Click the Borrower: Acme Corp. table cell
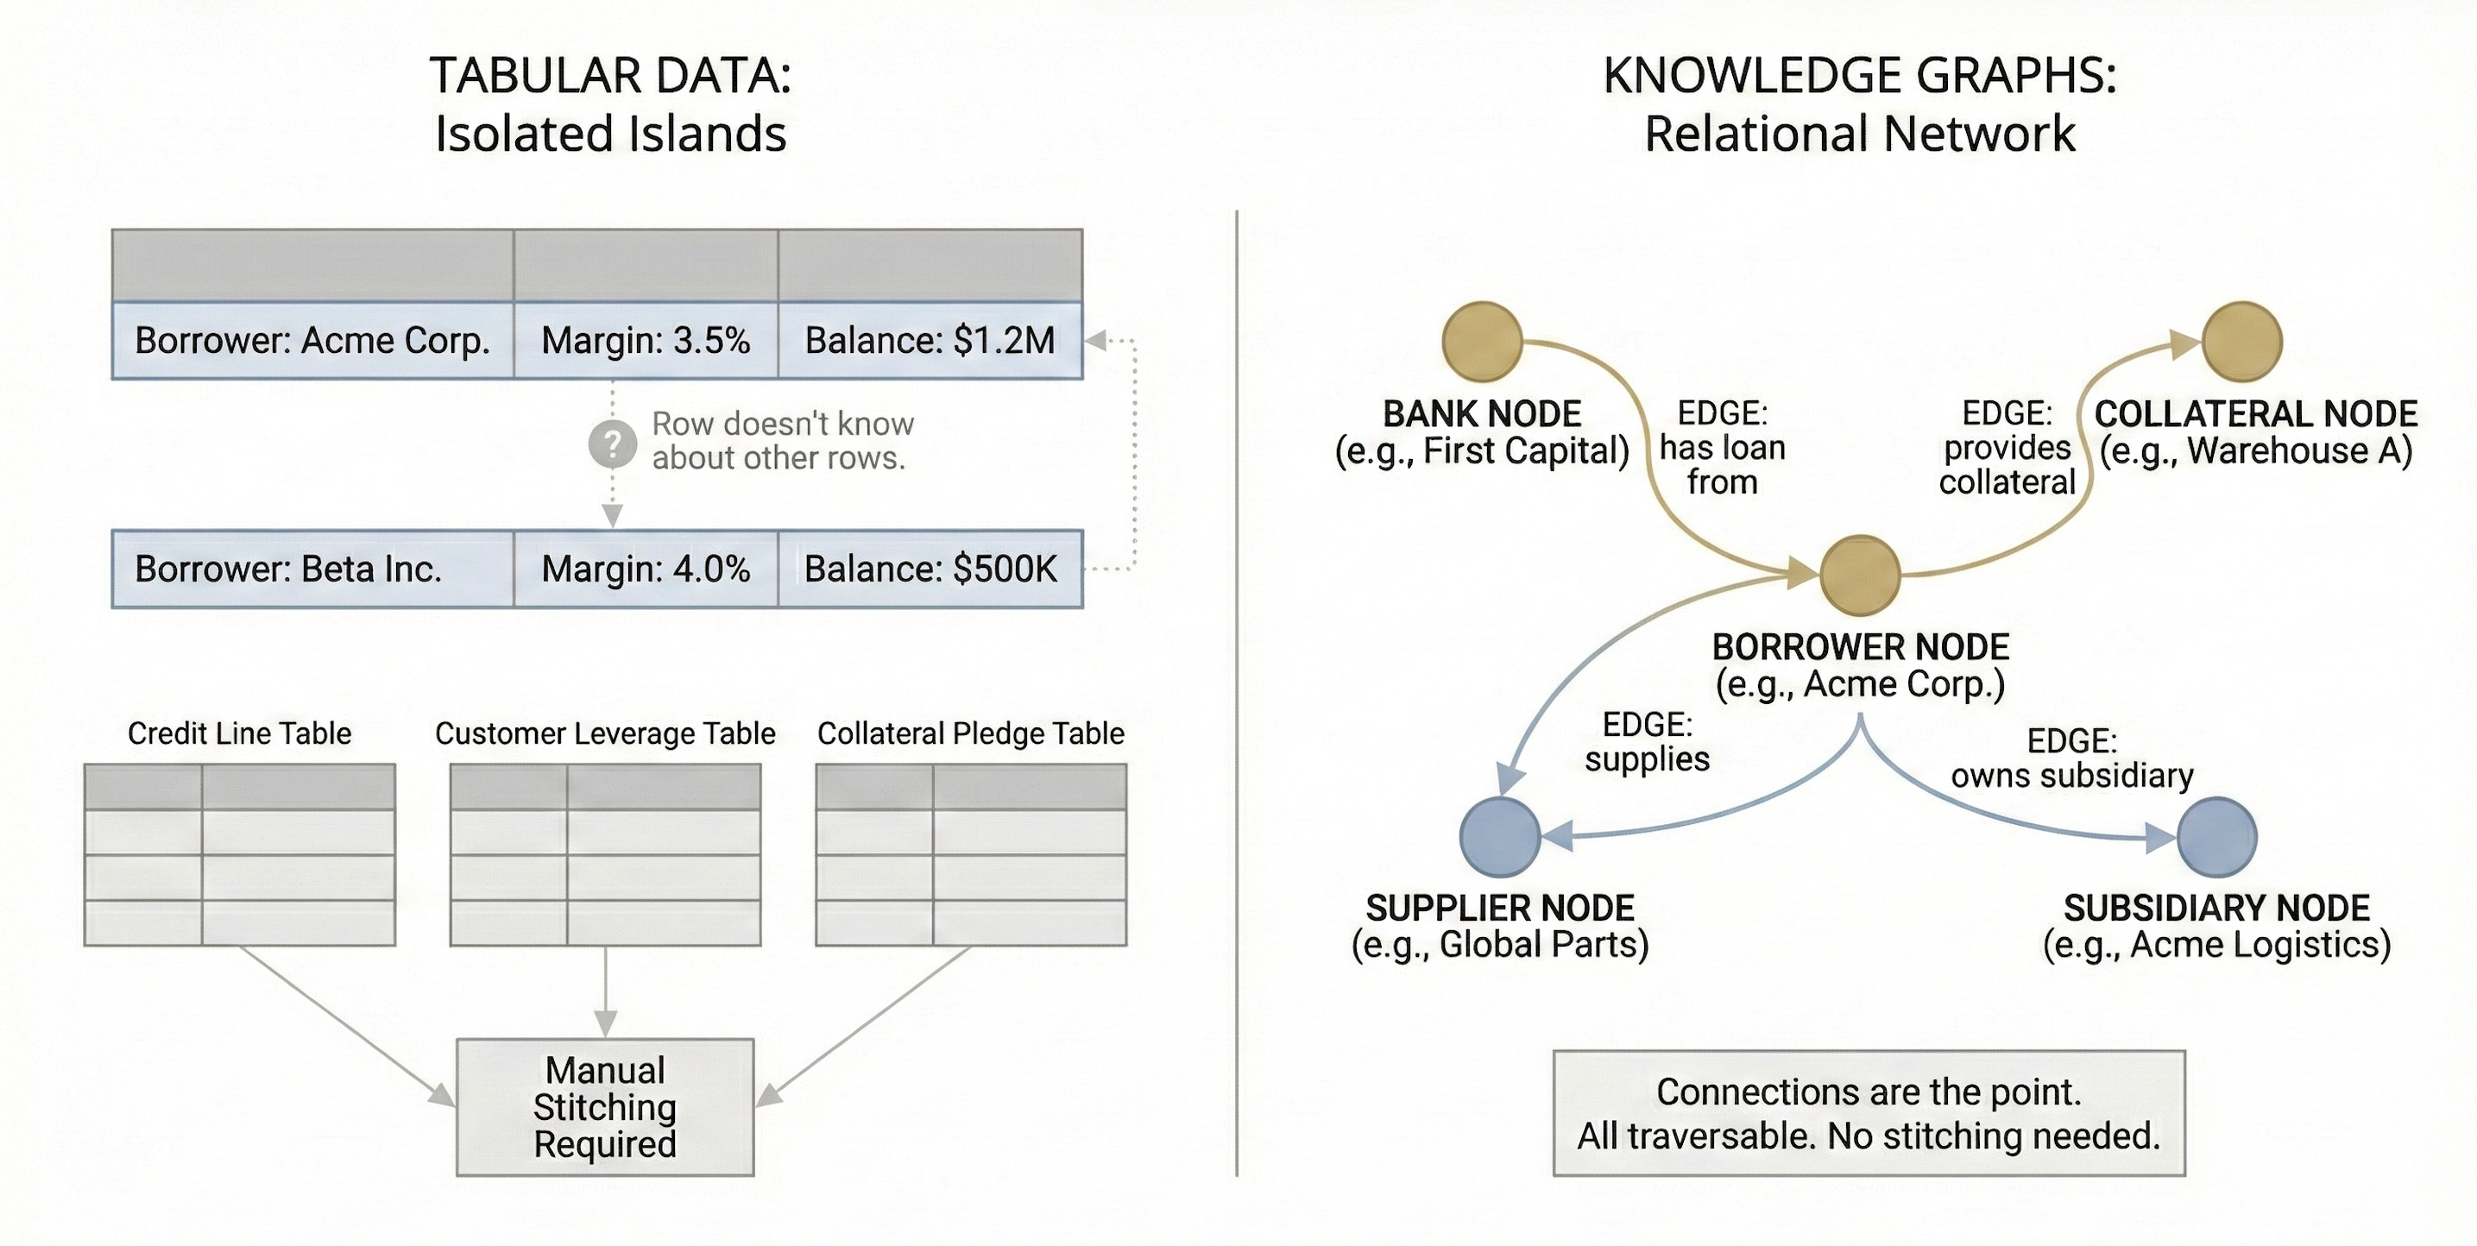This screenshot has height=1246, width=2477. coord(312,340)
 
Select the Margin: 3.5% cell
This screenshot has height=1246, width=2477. coord(646,340)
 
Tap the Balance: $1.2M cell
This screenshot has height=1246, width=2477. coord(929,340)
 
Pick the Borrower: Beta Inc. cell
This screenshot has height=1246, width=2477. coord(312,570)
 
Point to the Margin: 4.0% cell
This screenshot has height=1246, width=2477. coord(646,570)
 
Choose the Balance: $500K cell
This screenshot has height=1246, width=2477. coord(929,570)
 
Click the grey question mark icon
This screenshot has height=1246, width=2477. coord(613,444)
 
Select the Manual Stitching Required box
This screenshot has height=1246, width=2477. coord(605,1106)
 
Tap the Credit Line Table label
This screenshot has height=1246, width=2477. coord(239,733)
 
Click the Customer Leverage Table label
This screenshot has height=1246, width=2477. coord(605,733)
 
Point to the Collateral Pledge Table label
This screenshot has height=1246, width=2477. coord(970,733)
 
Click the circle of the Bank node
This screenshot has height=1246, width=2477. coord(1482,342)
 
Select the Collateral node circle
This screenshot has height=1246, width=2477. coord(2241,342)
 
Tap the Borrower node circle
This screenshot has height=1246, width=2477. coord(1860,575)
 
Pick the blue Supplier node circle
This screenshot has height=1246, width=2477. coord(1500,836)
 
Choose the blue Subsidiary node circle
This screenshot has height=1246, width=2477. coord(2216,836)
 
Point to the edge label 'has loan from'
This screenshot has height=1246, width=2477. coord(1722,448)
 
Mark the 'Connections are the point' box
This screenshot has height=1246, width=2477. coord(1869,1113)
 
